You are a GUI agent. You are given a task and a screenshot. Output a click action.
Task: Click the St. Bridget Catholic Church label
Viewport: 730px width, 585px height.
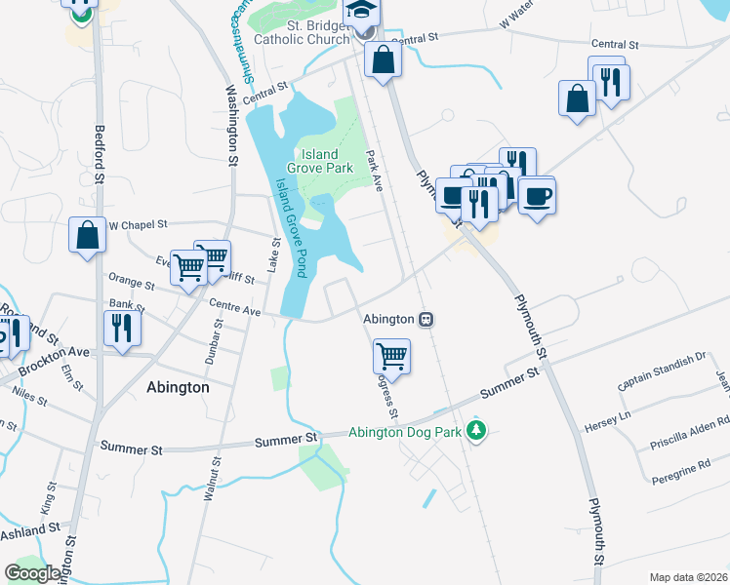point(302,31)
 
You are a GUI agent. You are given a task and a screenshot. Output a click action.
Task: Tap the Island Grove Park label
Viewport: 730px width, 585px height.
point(319,162)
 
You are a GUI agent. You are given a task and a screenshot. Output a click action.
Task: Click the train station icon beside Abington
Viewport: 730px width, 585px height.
point(426,319)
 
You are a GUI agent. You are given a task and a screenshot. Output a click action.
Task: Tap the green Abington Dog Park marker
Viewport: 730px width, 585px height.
point(476,430)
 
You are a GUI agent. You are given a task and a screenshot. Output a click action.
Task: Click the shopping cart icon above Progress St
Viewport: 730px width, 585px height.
point(391,357)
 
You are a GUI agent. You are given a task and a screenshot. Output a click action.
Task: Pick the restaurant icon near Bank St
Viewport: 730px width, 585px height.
point(122,328)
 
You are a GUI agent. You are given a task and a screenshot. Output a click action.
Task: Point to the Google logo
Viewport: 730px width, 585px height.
point(32,572)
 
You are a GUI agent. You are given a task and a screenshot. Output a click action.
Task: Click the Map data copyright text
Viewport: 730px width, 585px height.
point(689,577)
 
